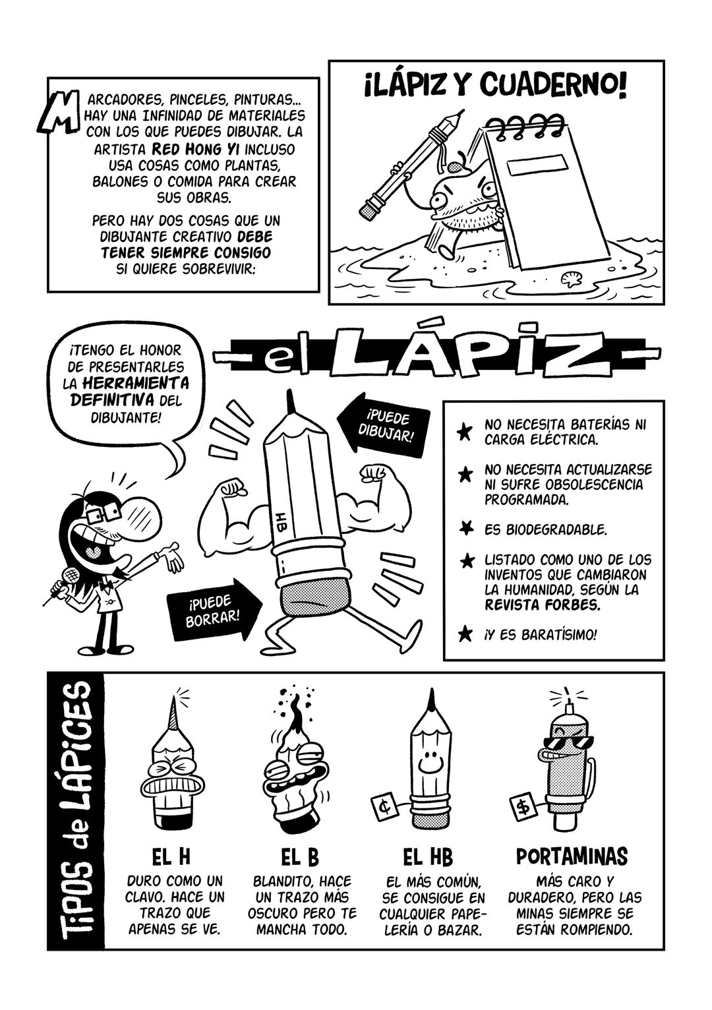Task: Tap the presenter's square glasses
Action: pos(104,513)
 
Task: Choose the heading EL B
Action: pos(300,858)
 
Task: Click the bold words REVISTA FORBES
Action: pos(543,605)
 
